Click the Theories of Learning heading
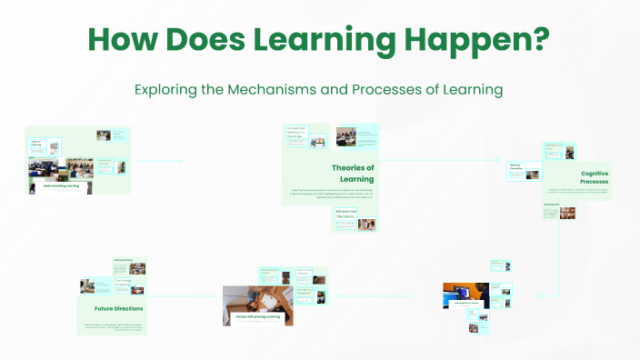tap(352, 173)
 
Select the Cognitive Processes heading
tap(595, 177)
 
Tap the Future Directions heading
tap(118, 308)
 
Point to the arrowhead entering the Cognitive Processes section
tap(501, 162)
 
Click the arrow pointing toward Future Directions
tap(153, 296)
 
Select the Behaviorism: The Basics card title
tap(345, 215)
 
